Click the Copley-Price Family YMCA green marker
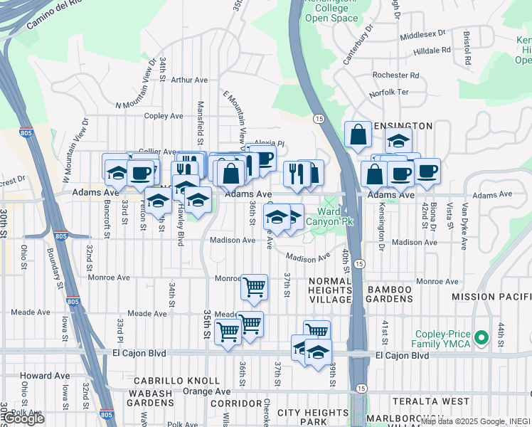coord(482,337)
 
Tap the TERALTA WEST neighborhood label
coord(422,401)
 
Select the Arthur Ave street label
coord(189,80)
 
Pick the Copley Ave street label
coord(164,116)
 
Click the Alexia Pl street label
coord(270,143)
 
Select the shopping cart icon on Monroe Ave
coord(254,286)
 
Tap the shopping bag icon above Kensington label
coord(358,133)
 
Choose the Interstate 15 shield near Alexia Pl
coord(318,118)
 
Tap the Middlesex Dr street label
coord(422,33)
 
